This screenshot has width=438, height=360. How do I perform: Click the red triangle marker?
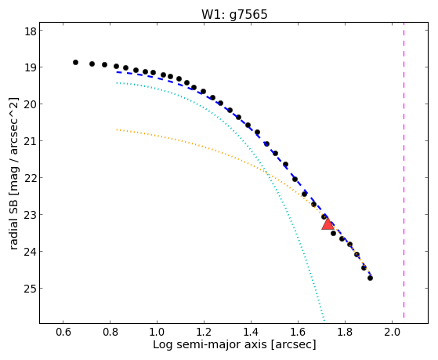(x=328, y=224)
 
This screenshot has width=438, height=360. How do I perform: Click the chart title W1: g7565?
(x=234, y=14)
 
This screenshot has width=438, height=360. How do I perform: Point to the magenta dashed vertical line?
(x=404, y=173)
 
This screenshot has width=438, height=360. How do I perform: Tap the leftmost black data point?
(x=75, y=63)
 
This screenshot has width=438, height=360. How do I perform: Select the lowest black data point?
(x=370, y=278)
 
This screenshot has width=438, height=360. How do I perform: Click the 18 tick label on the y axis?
(x=31, y=31)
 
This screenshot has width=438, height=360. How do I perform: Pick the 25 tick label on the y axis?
(x=31, y=289)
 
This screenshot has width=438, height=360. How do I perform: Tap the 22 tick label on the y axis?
(x=31, y=178)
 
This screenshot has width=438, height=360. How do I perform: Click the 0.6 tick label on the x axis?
(x=63, y=332)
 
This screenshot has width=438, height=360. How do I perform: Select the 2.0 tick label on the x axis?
(x=392, y=332)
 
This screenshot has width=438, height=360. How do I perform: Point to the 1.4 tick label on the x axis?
(x=251, y=332)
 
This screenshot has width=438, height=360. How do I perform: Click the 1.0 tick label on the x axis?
(x=157, y=332)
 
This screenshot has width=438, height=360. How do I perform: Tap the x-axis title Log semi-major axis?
(x=210, y=344)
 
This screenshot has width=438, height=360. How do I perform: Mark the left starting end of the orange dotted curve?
(x=117, y=129)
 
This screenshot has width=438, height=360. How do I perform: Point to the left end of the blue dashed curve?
(x=117, y=72)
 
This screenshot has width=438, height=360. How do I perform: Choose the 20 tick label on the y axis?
(x=31, y=104)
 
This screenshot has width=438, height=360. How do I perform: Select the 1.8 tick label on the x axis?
(x=345, y=332)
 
